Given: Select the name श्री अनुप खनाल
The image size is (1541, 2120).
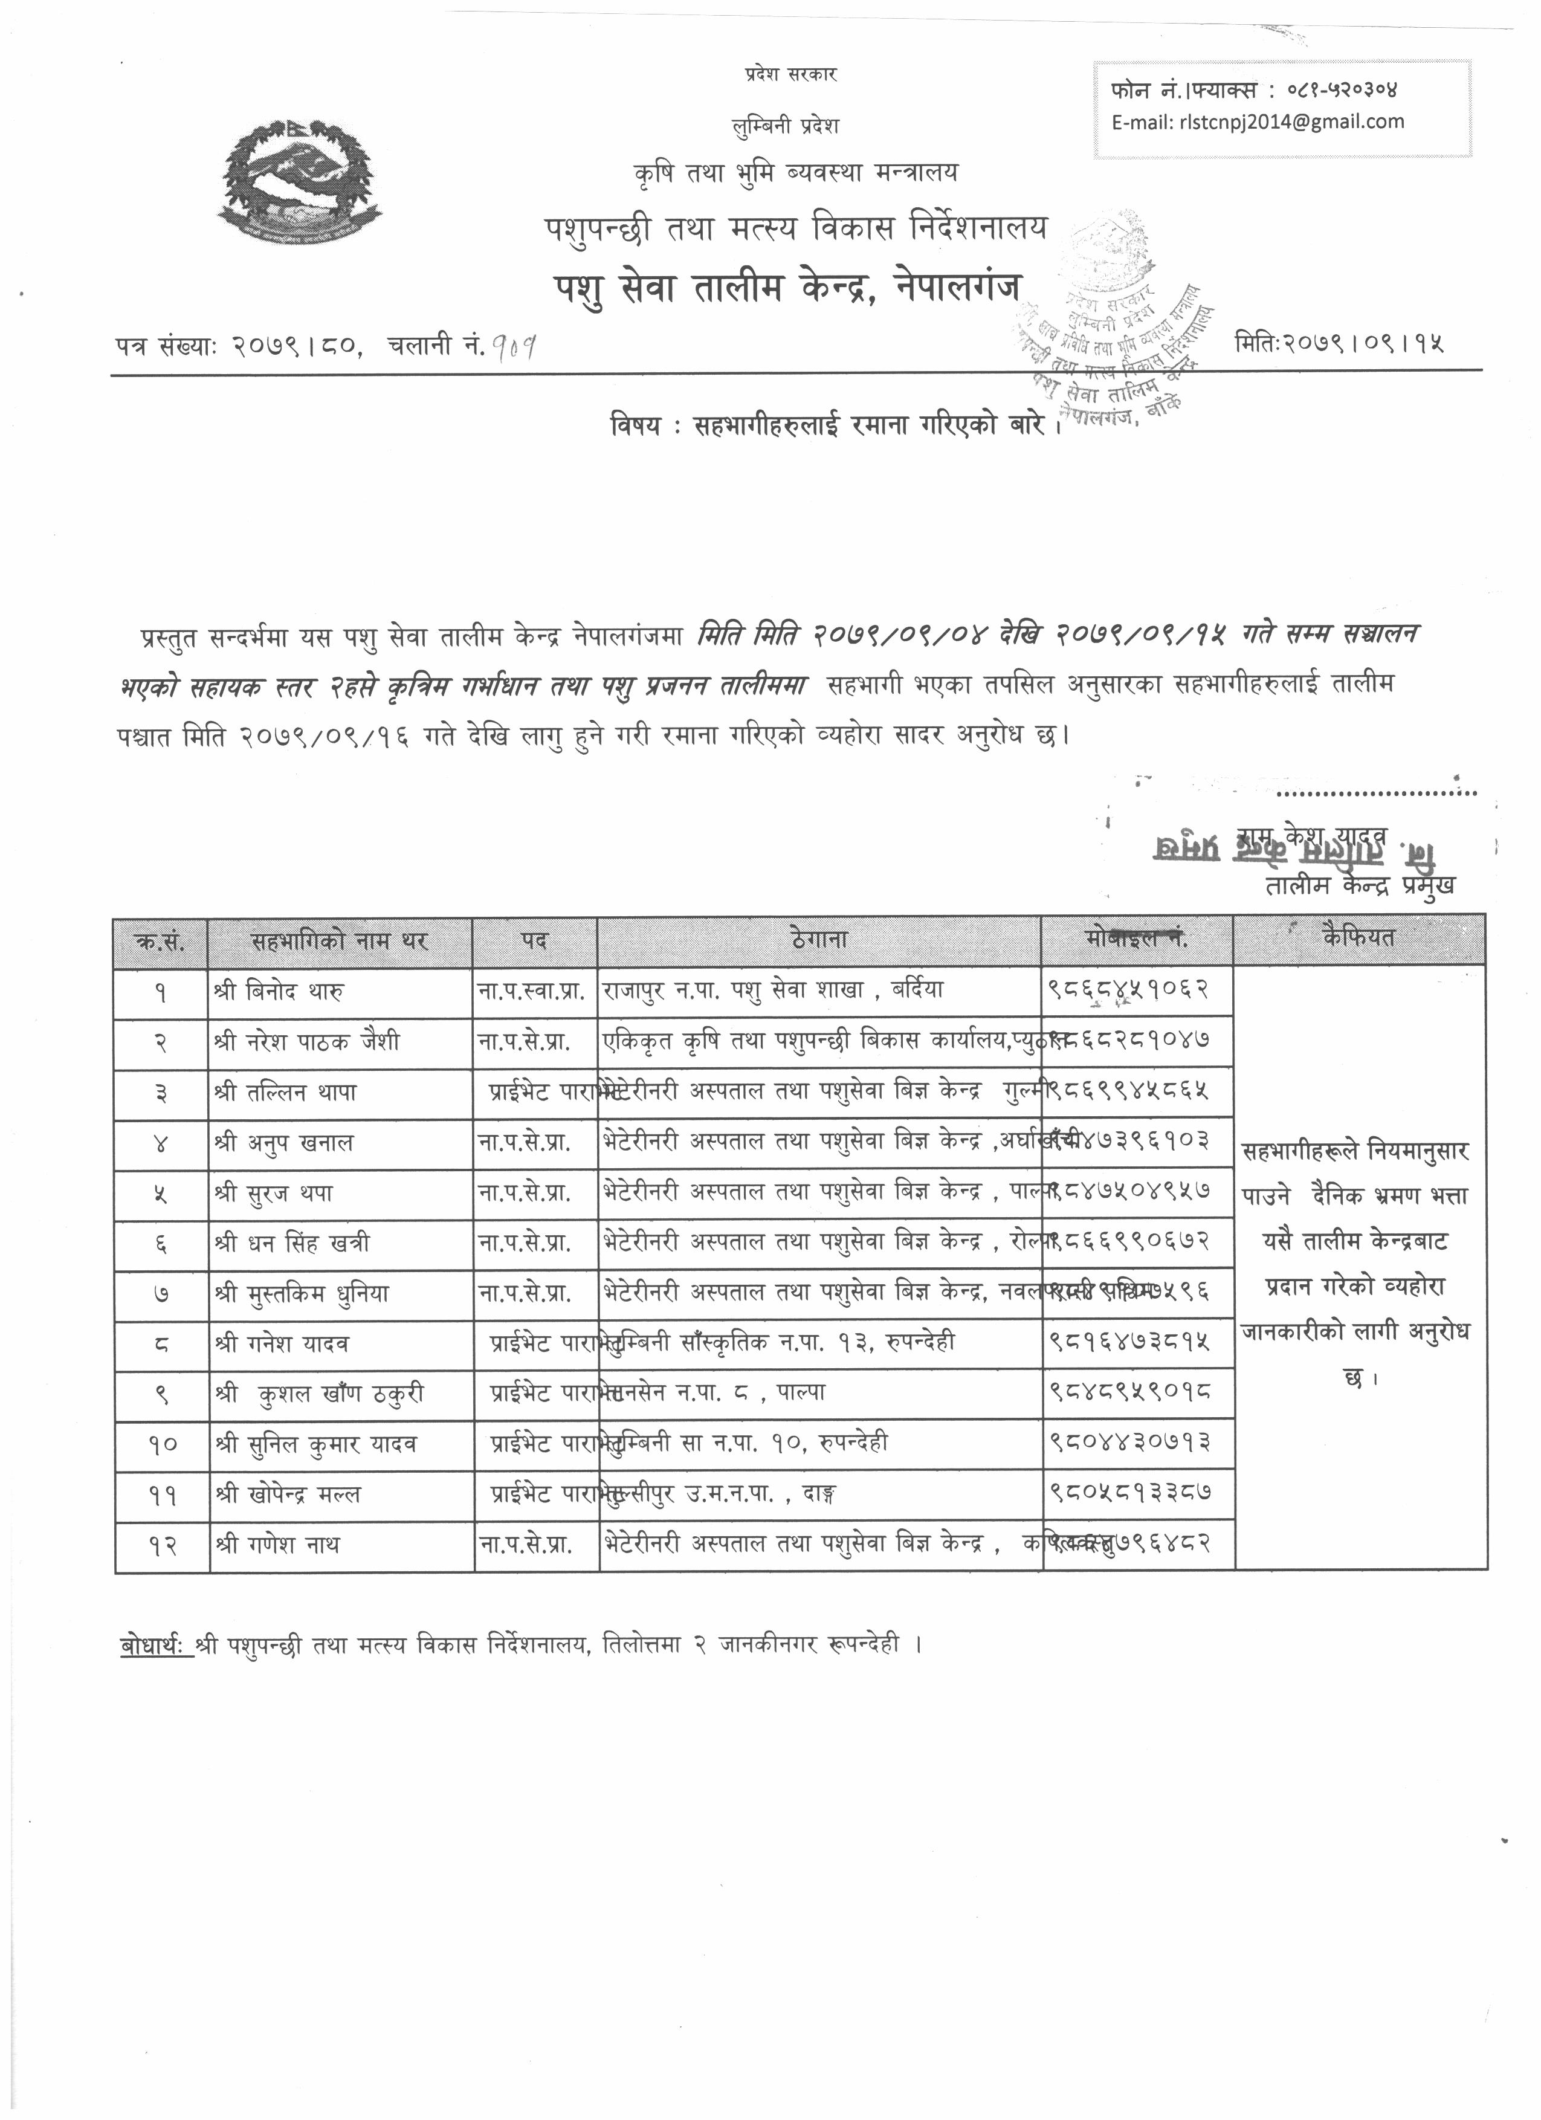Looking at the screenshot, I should click(x=283, y=1142).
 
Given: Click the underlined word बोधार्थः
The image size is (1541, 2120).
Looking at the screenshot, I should click(x=155, y=1643).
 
